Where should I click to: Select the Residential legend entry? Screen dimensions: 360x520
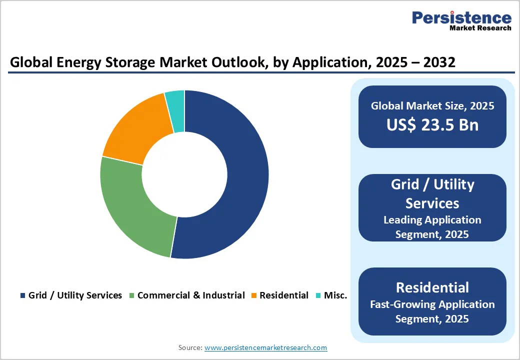(x=283, y=295)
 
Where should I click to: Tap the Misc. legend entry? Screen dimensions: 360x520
(x=335, y=295)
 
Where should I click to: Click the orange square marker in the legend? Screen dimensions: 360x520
(x=254, y=295)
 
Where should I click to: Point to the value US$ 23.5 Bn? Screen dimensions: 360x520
(x=432, y=125)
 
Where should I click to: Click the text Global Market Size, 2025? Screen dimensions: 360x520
(x=432, y=106)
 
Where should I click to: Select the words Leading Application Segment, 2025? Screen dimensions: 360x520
(x=432, y=226)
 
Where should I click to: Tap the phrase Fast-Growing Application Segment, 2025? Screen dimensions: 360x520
(x=432, y=311)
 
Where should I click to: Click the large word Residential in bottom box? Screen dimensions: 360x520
(x=432, y=287)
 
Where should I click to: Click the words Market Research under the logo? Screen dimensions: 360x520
(x=480, y=28)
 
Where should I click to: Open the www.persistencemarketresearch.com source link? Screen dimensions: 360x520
(x=265, y=347)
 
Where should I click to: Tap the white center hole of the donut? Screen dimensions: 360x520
(x=184, y=174)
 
